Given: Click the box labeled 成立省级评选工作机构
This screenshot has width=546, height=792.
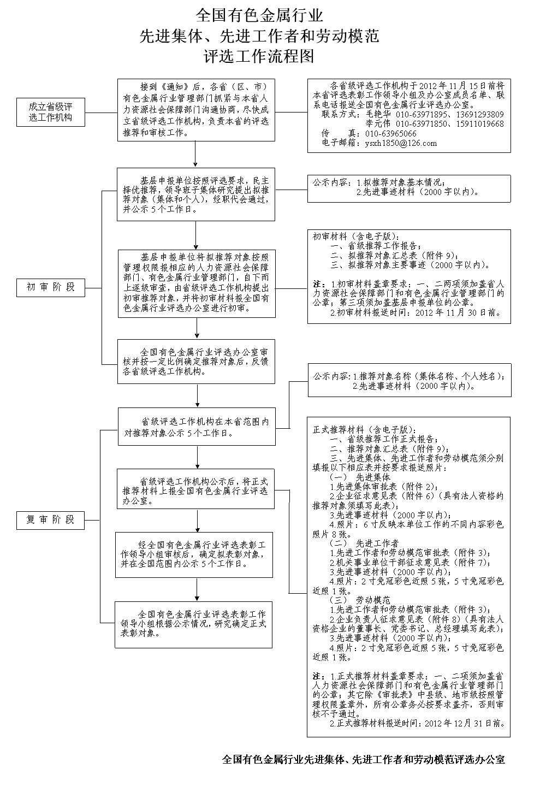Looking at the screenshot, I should (51, 112).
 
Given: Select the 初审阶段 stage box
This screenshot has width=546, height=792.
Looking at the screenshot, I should (51, 287).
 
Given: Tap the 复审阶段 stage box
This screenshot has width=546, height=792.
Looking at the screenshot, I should (51, 520).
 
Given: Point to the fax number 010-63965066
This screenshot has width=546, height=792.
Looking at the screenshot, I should (391, 133).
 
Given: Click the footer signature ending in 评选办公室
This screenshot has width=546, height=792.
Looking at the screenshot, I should (364, 760).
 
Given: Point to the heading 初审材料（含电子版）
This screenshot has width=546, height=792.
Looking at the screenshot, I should (353, 237).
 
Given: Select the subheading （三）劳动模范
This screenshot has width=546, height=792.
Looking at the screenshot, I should (367, 600).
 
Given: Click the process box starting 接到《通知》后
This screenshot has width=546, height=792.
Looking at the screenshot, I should (195, 109).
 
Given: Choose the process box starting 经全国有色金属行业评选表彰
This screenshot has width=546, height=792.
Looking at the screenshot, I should (194, 554).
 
